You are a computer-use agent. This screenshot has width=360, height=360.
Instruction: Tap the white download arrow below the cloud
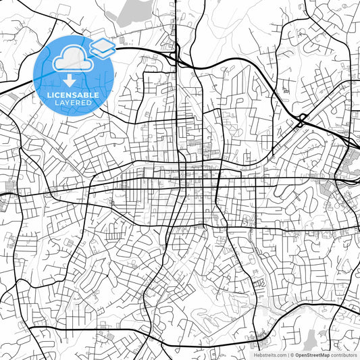click(70, 81)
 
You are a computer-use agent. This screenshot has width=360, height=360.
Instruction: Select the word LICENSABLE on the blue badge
click(73, 95)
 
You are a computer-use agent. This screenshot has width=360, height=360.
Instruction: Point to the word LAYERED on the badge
click(73, 104)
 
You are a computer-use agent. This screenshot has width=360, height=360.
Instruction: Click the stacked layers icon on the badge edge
click(102, 48)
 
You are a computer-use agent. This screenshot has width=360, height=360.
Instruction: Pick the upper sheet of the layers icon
click(102, 45)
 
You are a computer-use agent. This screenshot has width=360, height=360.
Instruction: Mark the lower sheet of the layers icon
click(102, 52)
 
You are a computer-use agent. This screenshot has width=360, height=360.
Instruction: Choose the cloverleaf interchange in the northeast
click(301, 122)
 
